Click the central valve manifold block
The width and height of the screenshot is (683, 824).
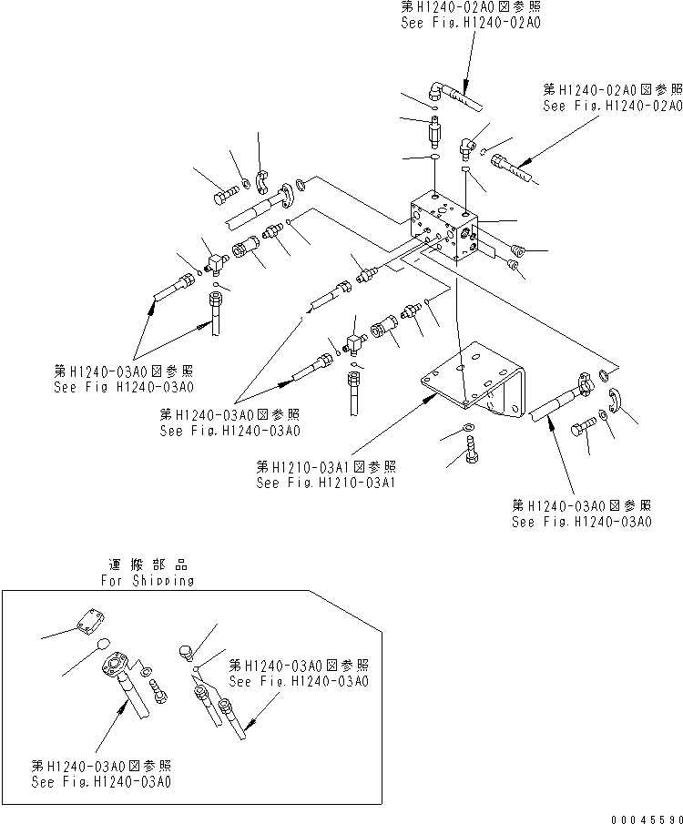tap(443, 228)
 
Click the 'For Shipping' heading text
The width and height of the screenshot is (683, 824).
tap(148, 581)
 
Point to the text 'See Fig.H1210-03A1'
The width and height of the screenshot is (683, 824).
tap(325, 483)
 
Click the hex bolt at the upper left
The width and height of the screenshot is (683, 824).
tap(226, 194)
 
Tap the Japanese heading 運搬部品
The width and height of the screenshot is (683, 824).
tap(148, 565)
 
